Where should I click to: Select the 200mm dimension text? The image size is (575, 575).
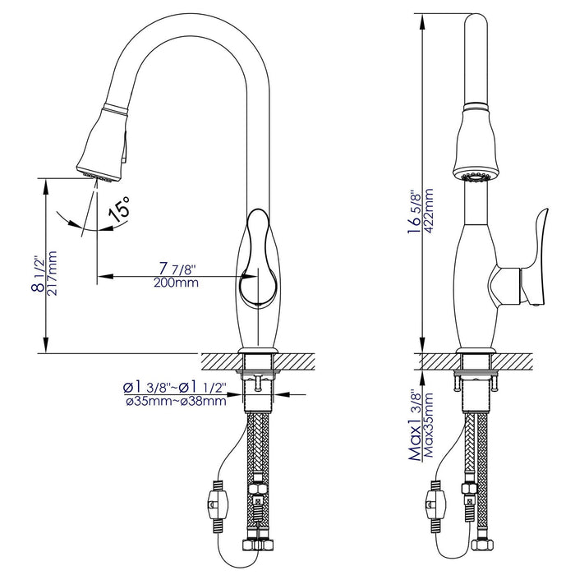point(177,283)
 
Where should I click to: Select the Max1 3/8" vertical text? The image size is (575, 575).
point(416,427)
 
